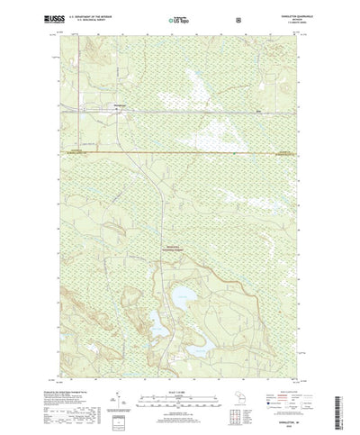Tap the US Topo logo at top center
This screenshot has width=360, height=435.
(179, 18)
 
